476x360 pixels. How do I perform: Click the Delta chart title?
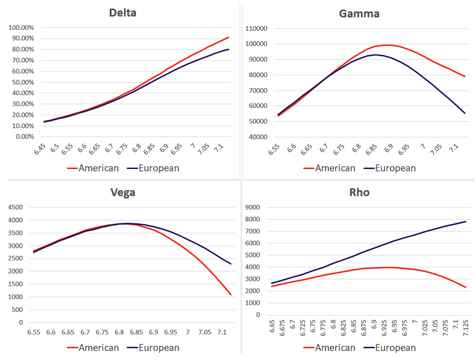coord(123,13)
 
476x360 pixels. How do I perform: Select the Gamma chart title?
coord(359,14)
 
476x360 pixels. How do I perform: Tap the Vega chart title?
coord(123,192)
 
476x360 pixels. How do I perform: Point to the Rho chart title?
coord(359,192)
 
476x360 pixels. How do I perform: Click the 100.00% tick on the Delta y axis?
coord(22,27)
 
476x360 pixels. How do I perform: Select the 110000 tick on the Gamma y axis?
coord(256,28)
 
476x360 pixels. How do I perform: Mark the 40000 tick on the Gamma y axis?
coord(257,137)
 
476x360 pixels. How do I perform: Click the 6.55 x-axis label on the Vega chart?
coord(33,332)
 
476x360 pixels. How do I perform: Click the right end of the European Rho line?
coord(466,221)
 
